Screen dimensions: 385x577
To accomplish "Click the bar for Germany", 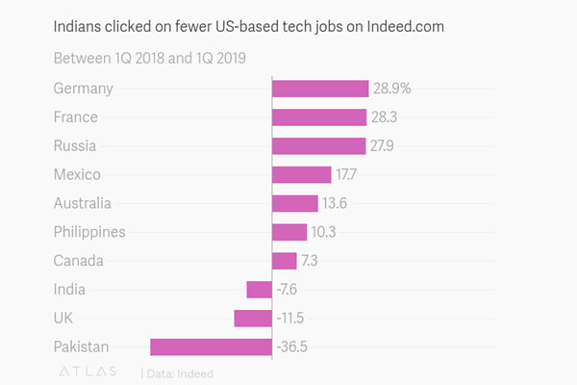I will [x=320, y=89].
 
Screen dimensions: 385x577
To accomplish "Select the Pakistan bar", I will [x=211, y=347].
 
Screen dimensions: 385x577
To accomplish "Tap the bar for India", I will [x=259, y=290].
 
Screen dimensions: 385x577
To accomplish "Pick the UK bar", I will [x=253, y=319].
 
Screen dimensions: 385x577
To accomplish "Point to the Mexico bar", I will [x=301, y=175].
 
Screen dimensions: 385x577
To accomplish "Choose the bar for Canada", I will [x=285, y=261].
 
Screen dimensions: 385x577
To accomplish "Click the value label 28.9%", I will [x=392, y=89].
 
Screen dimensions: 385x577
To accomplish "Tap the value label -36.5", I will [x=298, y=347].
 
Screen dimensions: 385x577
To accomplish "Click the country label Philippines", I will [x=89, y=232].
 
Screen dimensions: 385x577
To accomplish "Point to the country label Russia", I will [x=76, y=146].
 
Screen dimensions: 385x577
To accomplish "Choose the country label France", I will [x=76, y=117].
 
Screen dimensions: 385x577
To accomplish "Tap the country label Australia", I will [x=83, y=203].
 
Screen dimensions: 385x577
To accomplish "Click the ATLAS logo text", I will [x=88, y=372].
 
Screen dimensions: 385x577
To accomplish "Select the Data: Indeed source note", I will [x=180, y=372].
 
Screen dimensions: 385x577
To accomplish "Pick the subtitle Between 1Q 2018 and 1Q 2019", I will [x=149, y=58].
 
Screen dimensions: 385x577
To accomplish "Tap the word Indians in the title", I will [x=81, y=27].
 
